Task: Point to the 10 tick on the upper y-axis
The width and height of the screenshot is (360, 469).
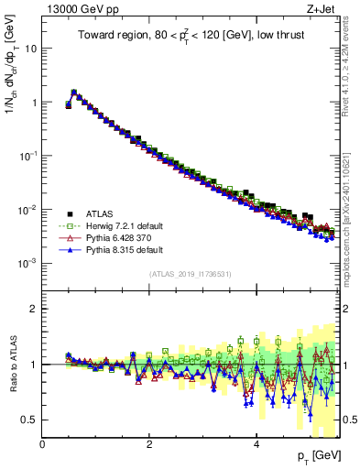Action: click(31, 49)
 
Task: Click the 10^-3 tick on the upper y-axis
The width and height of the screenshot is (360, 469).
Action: click(27, 263)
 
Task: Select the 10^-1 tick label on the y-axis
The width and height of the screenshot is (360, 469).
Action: click(27, 156)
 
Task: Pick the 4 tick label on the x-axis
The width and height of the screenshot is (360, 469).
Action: click(256, 444)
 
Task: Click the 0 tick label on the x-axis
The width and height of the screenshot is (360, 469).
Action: click(43, 444)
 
